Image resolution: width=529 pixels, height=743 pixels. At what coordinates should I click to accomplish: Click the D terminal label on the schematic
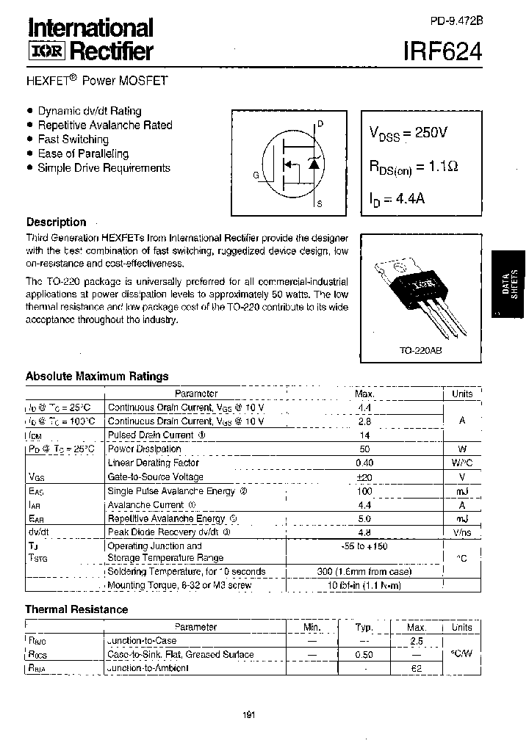click(320, 124)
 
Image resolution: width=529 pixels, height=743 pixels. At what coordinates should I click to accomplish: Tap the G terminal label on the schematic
click(256, 175)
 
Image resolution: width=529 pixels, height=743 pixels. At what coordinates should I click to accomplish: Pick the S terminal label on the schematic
click(320, 203)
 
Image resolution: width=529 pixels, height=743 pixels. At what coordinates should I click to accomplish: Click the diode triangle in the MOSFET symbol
click(314, 164)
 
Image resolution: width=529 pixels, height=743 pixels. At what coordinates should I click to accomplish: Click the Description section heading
click(57, 222)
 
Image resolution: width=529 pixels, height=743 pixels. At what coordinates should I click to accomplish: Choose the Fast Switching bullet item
click(73, 139)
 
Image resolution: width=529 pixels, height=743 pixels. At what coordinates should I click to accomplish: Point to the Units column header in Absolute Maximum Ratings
click(462, 394)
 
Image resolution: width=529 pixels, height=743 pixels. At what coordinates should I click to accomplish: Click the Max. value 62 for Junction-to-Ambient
click(416, 668)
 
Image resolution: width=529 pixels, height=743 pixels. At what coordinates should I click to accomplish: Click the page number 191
click(249, 716)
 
